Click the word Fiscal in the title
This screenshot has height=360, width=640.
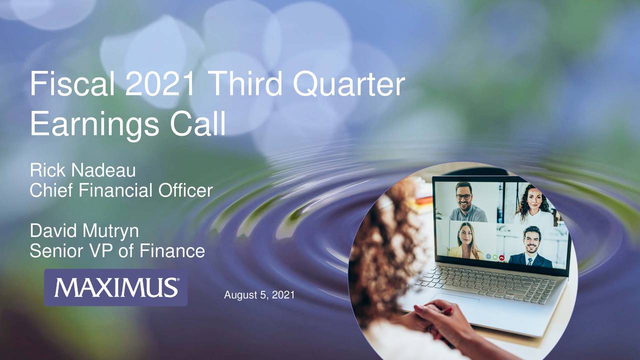click(74, 84)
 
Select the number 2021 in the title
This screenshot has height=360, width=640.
click(160, 84)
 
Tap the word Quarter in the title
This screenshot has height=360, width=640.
click(348, 85)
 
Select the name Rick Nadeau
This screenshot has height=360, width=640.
click(83, 171)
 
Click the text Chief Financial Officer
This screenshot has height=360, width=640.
click(121, 190)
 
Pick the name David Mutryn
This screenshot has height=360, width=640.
click(84, 231)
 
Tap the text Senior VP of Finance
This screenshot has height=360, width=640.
click(117, 250)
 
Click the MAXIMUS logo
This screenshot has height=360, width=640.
click(116, 287)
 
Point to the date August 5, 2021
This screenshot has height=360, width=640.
click(259, 295)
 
